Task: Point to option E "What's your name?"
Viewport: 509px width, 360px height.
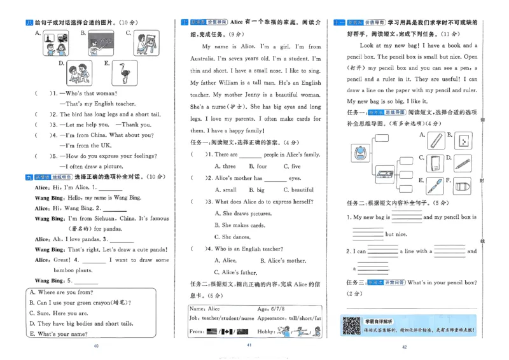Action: (57, 333)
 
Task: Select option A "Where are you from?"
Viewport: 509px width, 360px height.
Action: (61, 293)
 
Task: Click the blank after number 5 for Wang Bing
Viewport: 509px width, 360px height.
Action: (87, 280)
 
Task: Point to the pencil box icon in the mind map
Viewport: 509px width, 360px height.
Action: (385, 173)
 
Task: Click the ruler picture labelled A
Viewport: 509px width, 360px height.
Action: (436, 139)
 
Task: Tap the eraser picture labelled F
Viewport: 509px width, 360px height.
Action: (463, 186)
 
